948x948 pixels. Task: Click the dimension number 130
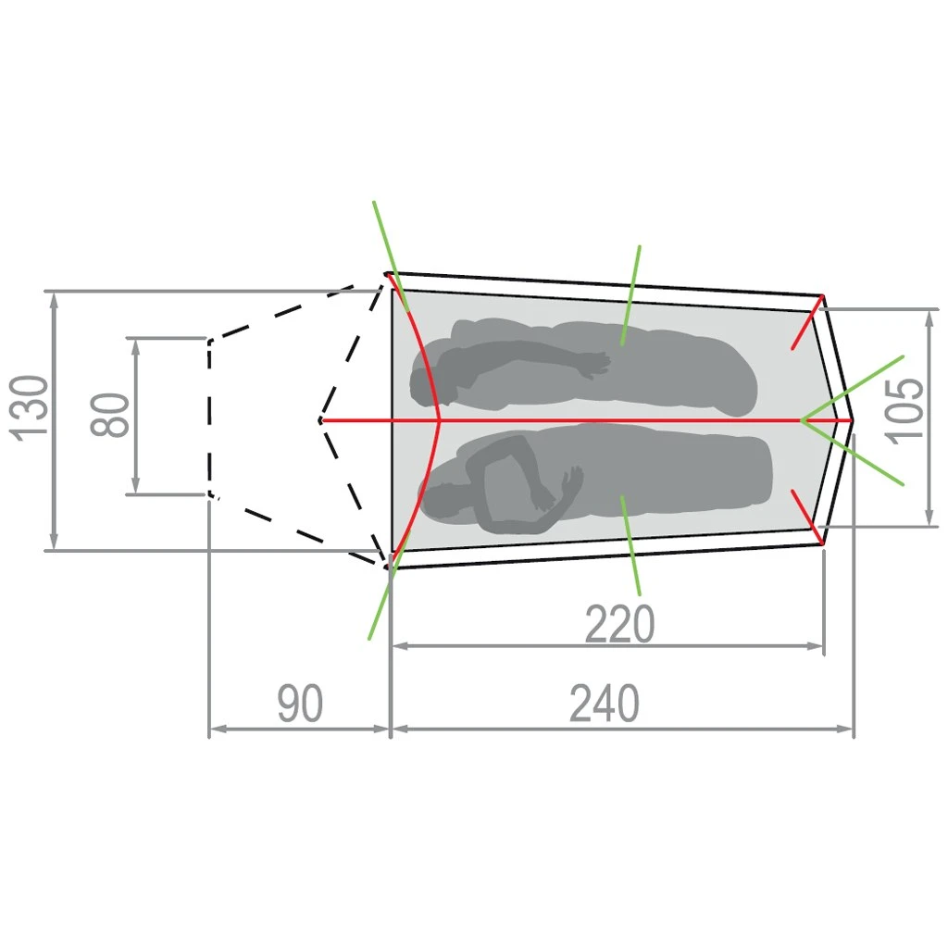(x=29, y=408)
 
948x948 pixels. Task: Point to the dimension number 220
(x=619, y=623)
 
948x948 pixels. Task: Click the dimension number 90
(x=300, y=704)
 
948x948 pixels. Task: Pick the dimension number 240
(x=604, y=704)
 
